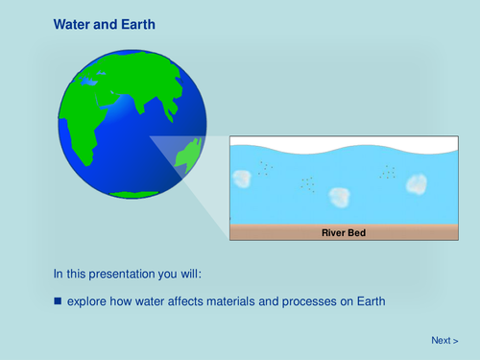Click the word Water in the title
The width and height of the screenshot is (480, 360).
tap(72, 23)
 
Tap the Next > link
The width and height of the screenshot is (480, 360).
tap(444, 340)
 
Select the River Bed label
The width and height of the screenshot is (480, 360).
tap(343, 231)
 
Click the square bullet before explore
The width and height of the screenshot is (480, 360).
tap(58, 300)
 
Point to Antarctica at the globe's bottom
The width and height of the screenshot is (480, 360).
tap(134, 193)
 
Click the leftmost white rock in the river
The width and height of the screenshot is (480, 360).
tap(241, 178)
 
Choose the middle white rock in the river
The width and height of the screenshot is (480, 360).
tap(339, 197)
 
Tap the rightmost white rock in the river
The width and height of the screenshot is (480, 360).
tap(416, 184)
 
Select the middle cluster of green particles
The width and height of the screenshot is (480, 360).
tap(307, 182)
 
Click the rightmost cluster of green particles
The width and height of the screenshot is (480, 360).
tap(388, 172)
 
